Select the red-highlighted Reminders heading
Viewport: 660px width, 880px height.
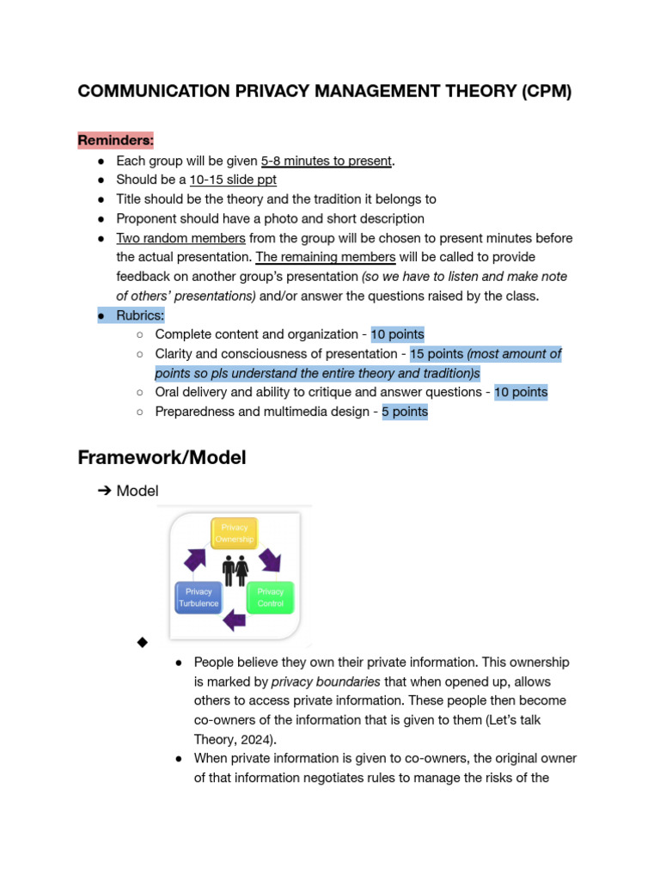tap(116, 139)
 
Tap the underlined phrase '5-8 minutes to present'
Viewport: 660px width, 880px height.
tap(326, 161)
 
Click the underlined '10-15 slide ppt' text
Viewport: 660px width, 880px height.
tap(233, 180)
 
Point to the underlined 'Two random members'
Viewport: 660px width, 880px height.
tap(180, 238)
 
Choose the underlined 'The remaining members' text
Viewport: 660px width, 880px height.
tap(326, 257)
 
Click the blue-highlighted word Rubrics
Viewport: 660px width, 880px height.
tap(140, 315)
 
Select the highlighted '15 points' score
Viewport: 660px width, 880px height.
tap(437, 354)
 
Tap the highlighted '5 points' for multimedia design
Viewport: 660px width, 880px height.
tap(405, 412)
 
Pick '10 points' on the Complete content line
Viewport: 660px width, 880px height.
tap(397, 334)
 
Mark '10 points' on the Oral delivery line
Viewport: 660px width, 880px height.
tap(521, 392)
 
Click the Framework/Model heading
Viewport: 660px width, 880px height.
tap(162, 457)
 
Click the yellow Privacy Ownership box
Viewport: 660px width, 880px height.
tap(235, 534)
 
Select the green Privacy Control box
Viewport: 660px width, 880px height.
tap(270, 597)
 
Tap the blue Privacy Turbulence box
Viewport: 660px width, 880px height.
tap(199, 597)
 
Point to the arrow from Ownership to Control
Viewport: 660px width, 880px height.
tap(270, 559)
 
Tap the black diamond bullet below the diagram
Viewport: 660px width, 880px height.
tap(142, 643)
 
